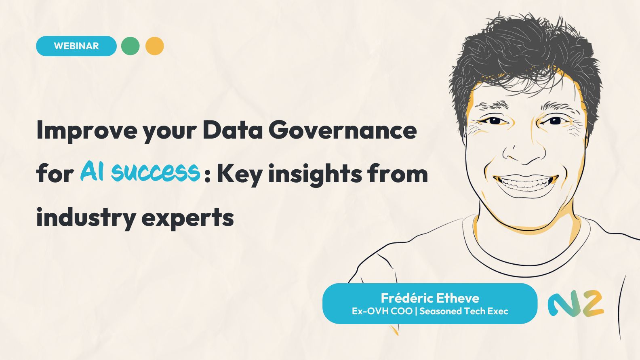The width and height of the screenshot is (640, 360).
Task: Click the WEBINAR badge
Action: tap(76, 46)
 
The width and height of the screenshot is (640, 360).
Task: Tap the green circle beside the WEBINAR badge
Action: tap(131, 46)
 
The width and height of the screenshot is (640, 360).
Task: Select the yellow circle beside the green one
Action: tap(155, 46)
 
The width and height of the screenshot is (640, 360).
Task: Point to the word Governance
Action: tap(342, 130)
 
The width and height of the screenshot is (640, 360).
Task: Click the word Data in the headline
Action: tap(232, 130)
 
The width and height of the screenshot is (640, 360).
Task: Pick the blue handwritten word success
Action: tap(156, 172)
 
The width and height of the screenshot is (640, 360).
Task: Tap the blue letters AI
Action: tap(92, 171)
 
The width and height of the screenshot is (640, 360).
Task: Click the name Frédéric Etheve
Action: tap(430, 298)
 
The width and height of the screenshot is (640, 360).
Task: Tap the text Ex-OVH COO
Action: tap(382, 311)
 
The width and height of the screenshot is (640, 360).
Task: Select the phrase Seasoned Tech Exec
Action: tap(463, 311)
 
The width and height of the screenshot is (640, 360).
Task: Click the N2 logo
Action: tap(576, 303)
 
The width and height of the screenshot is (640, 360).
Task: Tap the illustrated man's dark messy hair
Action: tap(525, 53)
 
